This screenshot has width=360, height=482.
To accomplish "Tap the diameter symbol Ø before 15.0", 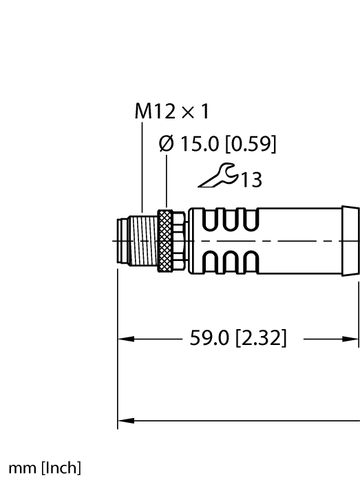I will click(167, 145).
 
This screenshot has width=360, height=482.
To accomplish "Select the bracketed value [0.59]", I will click(253, 145).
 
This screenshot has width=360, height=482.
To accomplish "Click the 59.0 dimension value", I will click(206, 339).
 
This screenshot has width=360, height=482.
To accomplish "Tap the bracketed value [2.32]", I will click(261, 339).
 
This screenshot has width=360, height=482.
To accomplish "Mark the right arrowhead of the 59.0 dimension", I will click(352, 339).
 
